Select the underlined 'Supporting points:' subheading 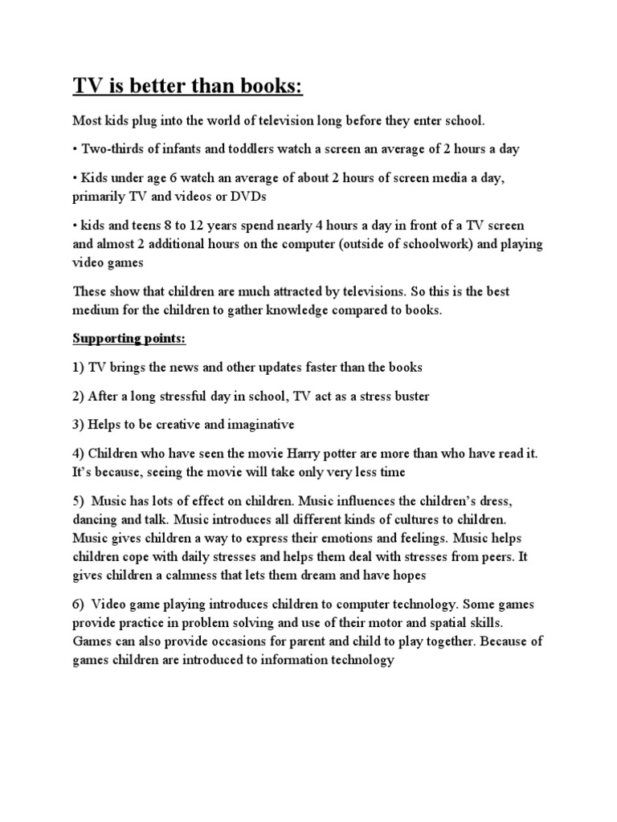pos(129,339)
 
